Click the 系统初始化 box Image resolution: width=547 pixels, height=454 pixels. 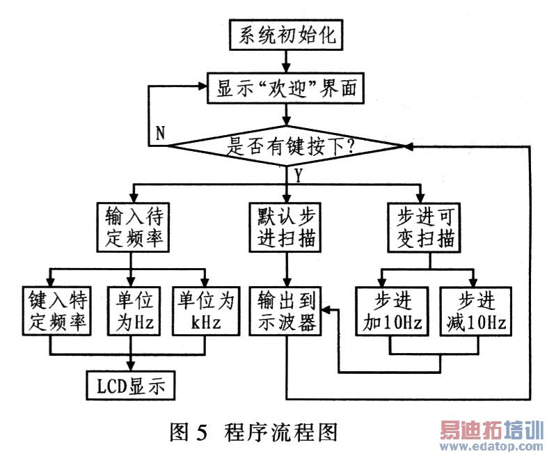[x=287, y=36]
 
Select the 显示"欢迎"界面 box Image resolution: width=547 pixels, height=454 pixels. [x=287, y=89]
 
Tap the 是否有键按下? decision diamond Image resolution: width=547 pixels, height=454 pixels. [x=287, y=146]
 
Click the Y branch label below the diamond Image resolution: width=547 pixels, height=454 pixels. [x=299, y=175]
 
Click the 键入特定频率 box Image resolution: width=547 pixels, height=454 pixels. [x=56, y=311]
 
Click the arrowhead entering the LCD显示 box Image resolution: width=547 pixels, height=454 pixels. [x=132, y=364]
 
